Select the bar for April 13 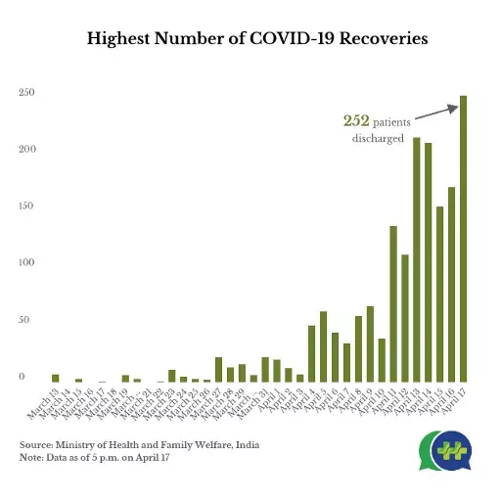tap(416, 260)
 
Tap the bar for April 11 tap(392, 304)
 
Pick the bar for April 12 tap(404, 318)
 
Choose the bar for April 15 tap(439, 295)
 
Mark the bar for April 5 tap(323, 347)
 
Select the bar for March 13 tap(56, 378)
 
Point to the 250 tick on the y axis tap(26, 93)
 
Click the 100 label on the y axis tap(26, 263)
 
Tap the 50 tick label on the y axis tap(28, 320)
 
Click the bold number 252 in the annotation tap(355, 121)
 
